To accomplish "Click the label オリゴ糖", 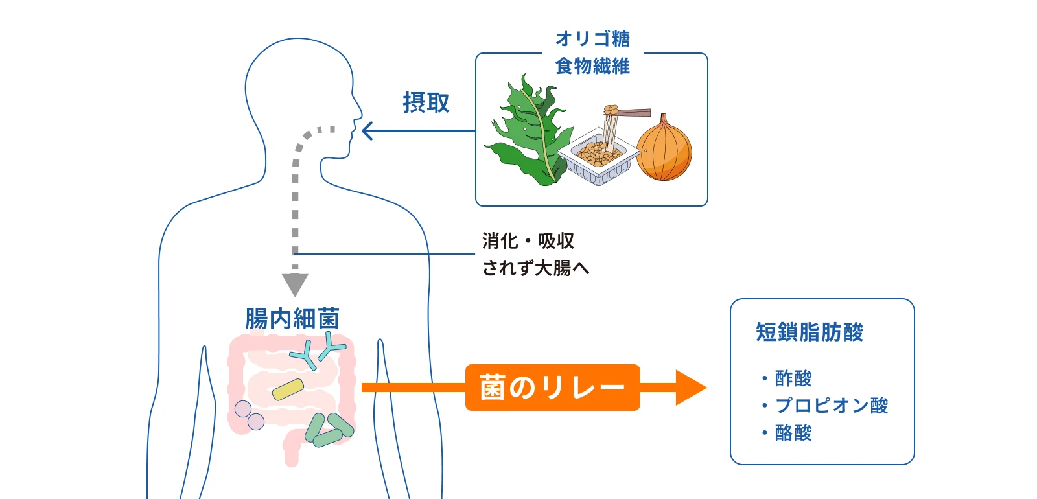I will [x=592, y=39].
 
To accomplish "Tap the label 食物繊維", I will [x=592, y=66].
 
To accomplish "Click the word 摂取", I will [x=426, y=103].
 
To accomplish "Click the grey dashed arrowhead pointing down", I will [x=295, y=284].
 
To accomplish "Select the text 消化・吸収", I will [x=528, y=241].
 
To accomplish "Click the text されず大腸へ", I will [x=535, y=268].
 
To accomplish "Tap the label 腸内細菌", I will [x=292, y=319].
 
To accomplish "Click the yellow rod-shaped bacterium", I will [x=288, y=389].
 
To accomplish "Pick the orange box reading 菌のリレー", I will [x=552, y=388].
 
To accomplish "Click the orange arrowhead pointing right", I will [x=690, y=388].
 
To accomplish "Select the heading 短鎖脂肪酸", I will [x=810, y=332].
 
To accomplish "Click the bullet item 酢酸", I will [x=793, y=378].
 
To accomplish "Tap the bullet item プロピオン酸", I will [x=831, y=406].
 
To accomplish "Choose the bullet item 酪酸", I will [x=793, y=433].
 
